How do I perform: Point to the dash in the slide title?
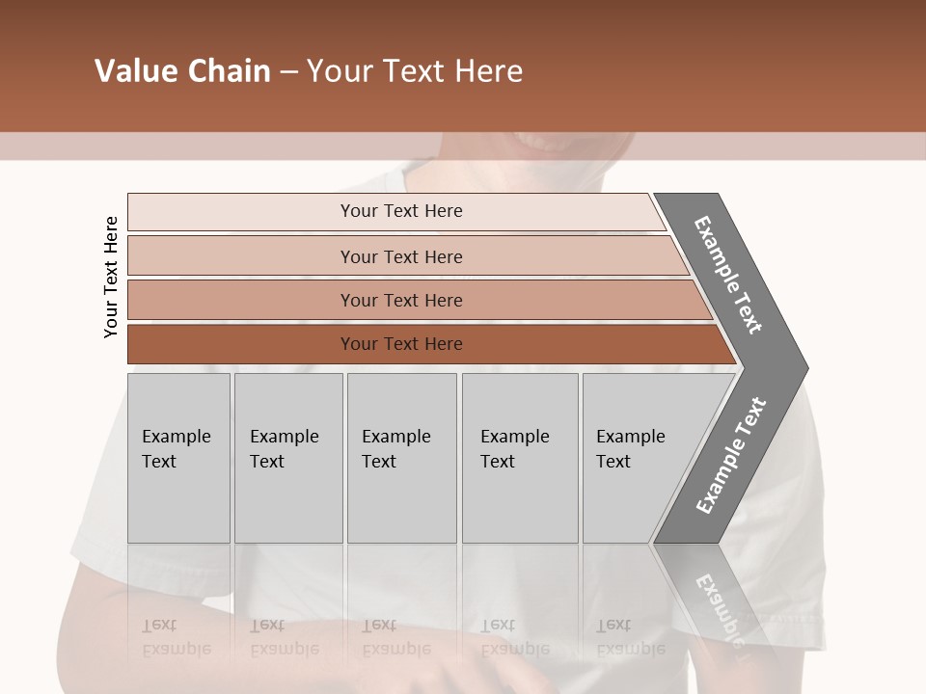[x=288, y=72]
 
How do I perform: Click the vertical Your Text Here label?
[x=111, y=277]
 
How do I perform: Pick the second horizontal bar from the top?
[x=401, y=256]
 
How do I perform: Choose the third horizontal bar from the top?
[x=401, y=300]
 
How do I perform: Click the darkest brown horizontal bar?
[x=401, y=344]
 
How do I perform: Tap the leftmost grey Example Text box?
[x=178, y=458]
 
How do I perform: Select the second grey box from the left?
[x=287, y=458]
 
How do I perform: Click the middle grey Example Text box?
[x=401, y=458]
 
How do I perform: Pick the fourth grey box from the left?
[x=519, y=458]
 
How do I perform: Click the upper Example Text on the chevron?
[x=728, y=275]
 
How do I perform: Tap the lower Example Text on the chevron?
[x=730, y=456]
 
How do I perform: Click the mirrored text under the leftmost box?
[x=177, y=637]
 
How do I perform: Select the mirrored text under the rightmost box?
[x=631, y=637]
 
